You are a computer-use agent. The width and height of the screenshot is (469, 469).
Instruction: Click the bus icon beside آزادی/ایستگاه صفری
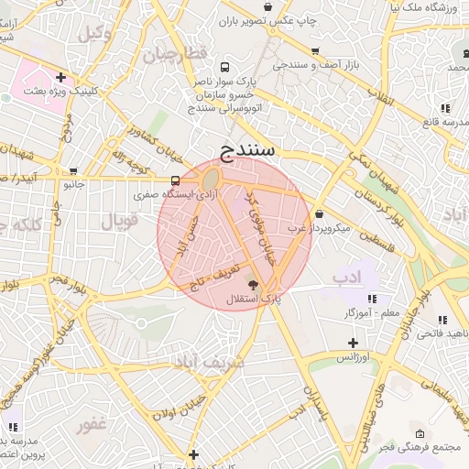175,180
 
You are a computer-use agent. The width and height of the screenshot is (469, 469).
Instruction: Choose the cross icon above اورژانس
353,343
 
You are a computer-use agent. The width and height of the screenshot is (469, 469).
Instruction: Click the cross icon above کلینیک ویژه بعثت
60,78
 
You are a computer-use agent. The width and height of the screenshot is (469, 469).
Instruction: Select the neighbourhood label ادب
347,276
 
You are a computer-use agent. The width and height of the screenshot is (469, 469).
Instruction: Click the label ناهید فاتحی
440,333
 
